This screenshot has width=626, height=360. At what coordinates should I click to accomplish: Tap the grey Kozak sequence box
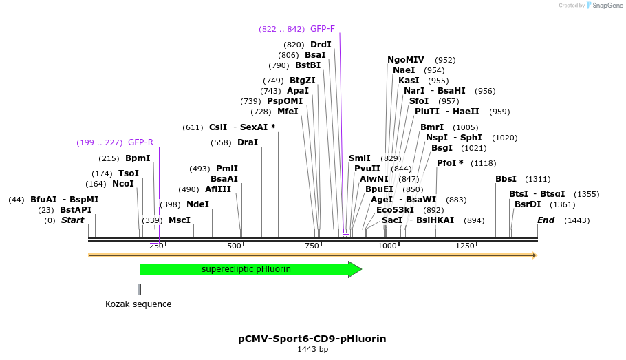[x=139, y=289]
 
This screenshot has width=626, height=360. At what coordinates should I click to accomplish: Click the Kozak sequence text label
[x=138, y=304]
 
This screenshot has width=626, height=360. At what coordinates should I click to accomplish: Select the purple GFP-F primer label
[x=323, y=29]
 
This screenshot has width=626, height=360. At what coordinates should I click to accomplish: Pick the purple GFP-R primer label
[x=140, y=142]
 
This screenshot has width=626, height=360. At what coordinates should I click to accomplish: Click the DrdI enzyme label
[x=321, y=45]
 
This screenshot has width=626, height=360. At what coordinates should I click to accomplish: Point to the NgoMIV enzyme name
[x=406, y=60]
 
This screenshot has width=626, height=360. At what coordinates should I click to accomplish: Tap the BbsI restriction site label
[x=506, y=179]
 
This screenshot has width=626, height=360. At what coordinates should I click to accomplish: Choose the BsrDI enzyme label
[x=528, y=204]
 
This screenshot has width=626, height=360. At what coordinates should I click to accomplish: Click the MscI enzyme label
[x=180, y=220]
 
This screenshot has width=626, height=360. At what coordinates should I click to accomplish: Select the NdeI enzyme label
[x=197, y=204]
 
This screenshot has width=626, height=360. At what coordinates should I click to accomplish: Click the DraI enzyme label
[x=248, y=142]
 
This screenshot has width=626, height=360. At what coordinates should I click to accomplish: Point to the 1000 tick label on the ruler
[x=387, y=246]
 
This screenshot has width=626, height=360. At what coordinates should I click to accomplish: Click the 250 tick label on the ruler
[x=156, y=246]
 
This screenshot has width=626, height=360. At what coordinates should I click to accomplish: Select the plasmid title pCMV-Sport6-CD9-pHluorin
[x=312, y=339]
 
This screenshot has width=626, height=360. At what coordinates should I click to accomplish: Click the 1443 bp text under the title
[x=312, y=350]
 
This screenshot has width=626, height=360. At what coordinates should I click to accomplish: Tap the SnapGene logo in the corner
[x=591, y=6]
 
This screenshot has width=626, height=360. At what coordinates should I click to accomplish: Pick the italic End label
[x=546, y=220]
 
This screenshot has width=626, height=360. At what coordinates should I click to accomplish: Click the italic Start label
[x=72, y=220]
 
